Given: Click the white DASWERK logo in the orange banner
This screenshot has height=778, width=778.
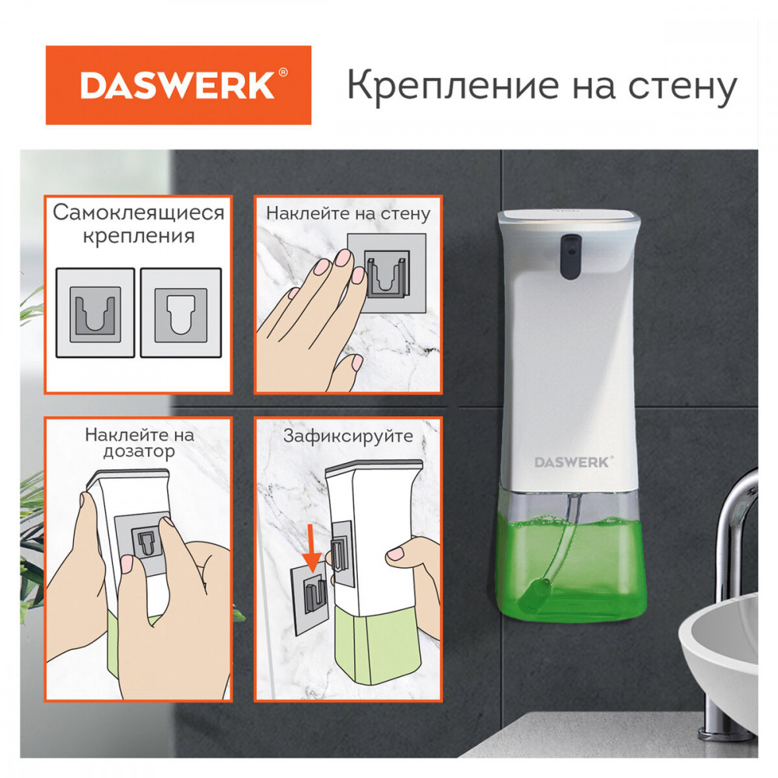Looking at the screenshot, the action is tap(177, 85).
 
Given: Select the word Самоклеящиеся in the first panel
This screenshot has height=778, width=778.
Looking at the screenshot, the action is tap(139, 213).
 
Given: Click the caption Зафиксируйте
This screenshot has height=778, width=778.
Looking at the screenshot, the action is tap(349, 436).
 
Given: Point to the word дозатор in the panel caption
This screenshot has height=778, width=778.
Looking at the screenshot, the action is tap(139, 452).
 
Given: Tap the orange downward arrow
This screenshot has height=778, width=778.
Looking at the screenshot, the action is tap(312, 552).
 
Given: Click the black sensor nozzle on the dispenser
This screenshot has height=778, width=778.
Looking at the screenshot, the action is tap(570, 255).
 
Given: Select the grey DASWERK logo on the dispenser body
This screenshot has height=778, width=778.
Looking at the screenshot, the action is tap(573, 462).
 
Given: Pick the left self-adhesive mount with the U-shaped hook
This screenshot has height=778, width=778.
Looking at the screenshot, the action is tap(95, 313).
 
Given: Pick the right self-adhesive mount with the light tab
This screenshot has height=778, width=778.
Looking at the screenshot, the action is tap(181, 313).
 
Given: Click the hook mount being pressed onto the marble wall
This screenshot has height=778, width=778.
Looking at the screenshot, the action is tap(387, 273).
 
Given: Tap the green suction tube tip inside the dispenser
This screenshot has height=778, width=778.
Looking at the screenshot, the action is tap(533, 594).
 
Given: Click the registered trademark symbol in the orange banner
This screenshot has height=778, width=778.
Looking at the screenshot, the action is tap(283, 72).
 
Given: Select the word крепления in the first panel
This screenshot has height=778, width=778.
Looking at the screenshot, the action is tap(139, 237).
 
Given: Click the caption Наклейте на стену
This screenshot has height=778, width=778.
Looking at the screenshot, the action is tap(349, 213).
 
